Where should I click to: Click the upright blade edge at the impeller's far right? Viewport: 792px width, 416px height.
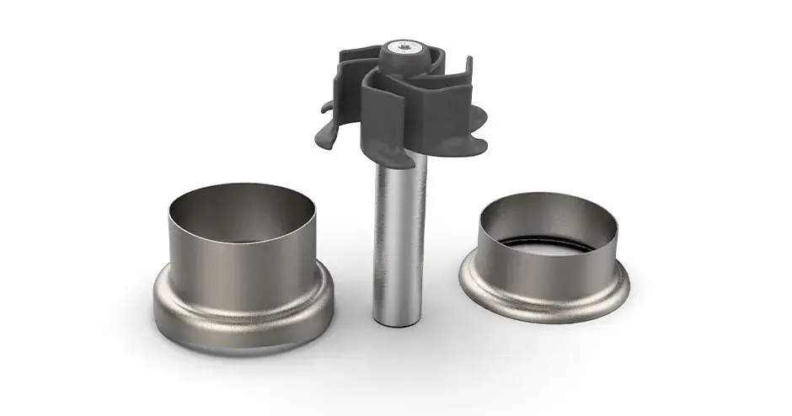coord(467,80)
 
